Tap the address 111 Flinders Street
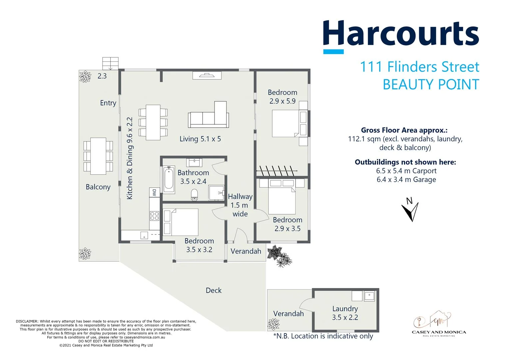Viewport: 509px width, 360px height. click(419, 67)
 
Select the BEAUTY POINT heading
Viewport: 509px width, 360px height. click(431, 85)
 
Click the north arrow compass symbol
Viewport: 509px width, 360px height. click(410, 210)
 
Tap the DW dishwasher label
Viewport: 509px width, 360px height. click(154, 192)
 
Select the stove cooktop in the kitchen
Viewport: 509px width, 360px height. click(154, 216)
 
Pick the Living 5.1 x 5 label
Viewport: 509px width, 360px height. click(200, 139)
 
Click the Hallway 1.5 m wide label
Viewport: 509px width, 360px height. click(240, 205)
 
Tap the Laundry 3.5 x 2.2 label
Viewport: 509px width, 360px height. click(345, 313)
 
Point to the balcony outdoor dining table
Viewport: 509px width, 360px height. click(98, 156)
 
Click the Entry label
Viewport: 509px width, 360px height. click(108, 103)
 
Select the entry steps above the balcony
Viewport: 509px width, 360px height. click(110, 63)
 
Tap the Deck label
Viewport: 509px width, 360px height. click(214, 290)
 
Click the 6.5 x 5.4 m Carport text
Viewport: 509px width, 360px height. click(406, 171)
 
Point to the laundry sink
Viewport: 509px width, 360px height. click(369, 295)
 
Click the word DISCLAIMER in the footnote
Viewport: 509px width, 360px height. click(27, 321)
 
